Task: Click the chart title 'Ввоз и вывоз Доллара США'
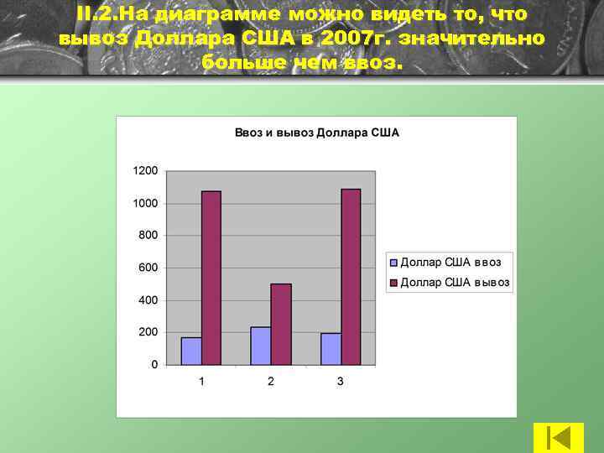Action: [x=316, y=133]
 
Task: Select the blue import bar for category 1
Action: [x=191, y=351]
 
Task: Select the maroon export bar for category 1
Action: [x=211, y=278]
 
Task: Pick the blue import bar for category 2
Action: [x=261, y=346]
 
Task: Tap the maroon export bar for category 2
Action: [x=281, y=324]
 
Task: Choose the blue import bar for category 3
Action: [x=331, y=349]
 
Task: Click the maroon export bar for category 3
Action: [x=351, y=277]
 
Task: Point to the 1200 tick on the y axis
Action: [x=145, y=170]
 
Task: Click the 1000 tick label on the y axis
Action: [x=145, y=203]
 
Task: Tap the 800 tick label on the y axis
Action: [x=148, y=235]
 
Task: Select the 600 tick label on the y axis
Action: [x=148, y=268]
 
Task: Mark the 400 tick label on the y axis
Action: [x=148, y=299]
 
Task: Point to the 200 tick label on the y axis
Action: [x=148, y=332]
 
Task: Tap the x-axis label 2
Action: [x=271, y=382]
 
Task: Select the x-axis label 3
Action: [x=341, y=382]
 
